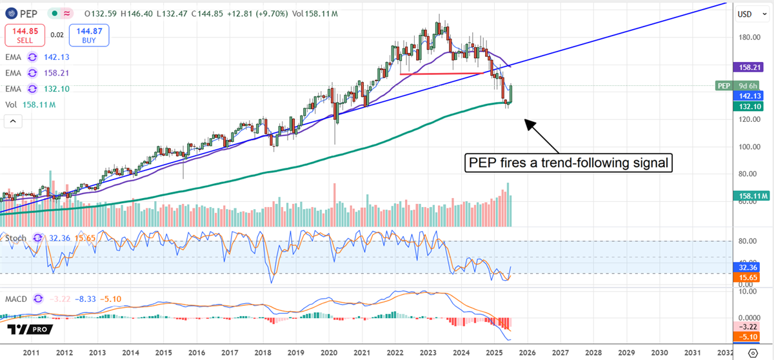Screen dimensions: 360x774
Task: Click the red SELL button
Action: pyautogui.click(x=25, y=35)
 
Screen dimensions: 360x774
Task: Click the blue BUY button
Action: pyautogui.click(x=89, y=35)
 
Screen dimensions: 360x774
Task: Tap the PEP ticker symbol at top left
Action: pyautogui.click(x=26, y=12)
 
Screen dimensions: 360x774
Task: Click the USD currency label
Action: pyautogui.click(x=745, y=14)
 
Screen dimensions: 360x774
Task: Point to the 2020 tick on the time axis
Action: pyautogui.click(x=329, y=352)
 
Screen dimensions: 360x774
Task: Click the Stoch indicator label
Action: pyautogui.click(x=16, y=238)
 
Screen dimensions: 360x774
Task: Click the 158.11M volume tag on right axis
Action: pyautogui.click(x=752, y=195)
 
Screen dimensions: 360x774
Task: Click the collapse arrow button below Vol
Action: pyautogui.click(x=13, y=121)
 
